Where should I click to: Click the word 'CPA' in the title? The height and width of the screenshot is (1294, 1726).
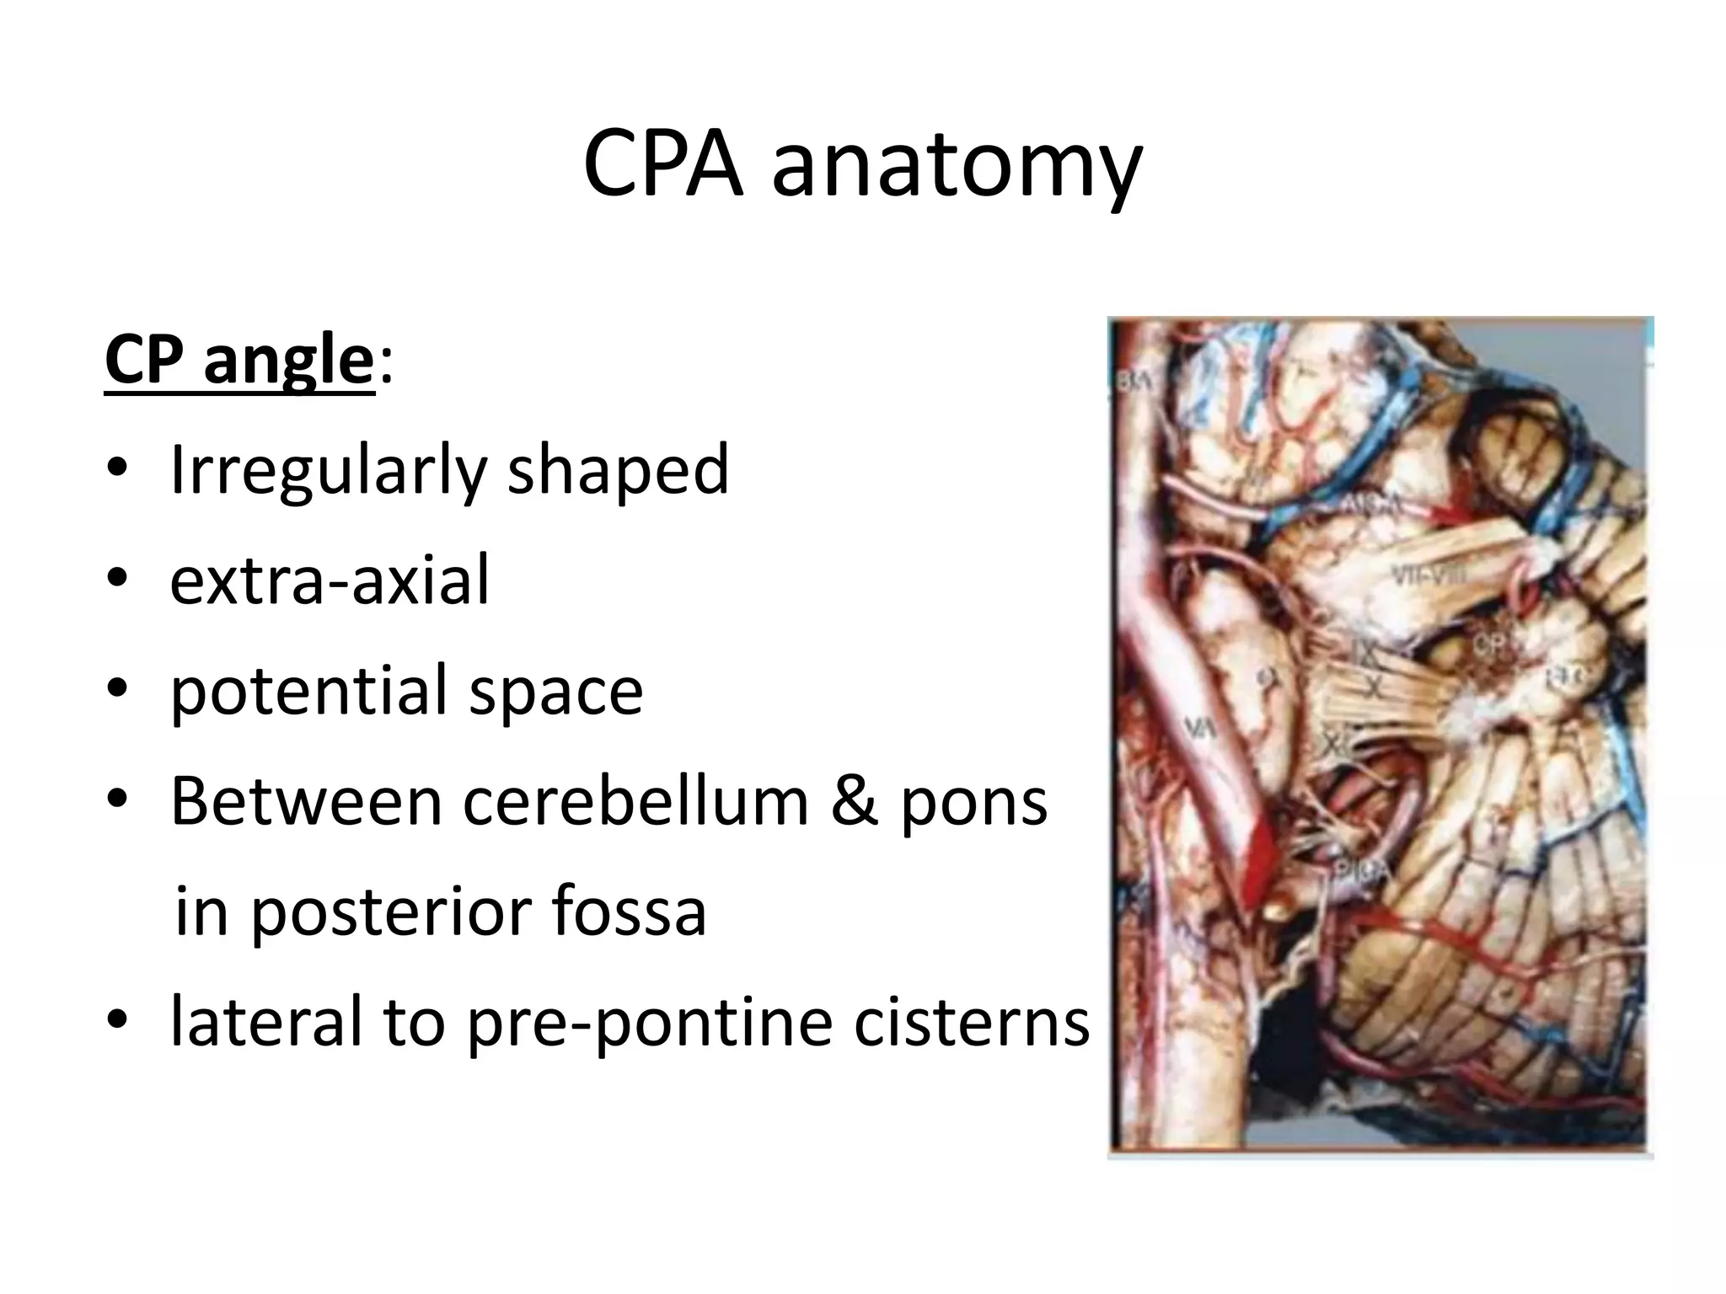coord(662,164)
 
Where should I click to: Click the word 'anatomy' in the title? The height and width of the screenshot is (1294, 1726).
coord(957,168)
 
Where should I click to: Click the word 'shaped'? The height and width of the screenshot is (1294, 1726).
coord(618,471)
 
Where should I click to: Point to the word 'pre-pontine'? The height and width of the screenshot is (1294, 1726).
coord(650,1023)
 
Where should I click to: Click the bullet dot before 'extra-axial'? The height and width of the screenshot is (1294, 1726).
coord(117,579)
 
